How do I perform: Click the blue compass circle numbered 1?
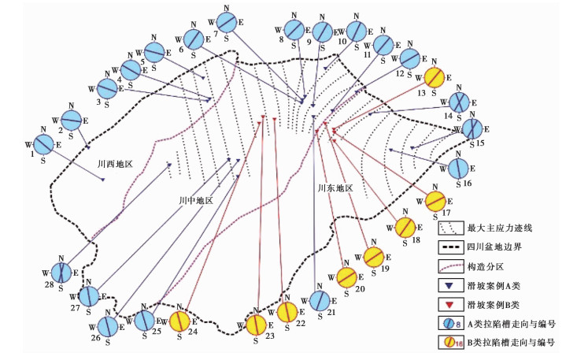44,144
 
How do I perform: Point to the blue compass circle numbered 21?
320,300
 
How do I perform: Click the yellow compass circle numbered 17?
438,201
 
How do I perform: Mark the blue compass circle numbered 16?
458,169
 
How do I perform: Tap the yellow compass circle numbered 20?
346,277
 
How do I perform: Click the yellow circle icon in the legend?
449,341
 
